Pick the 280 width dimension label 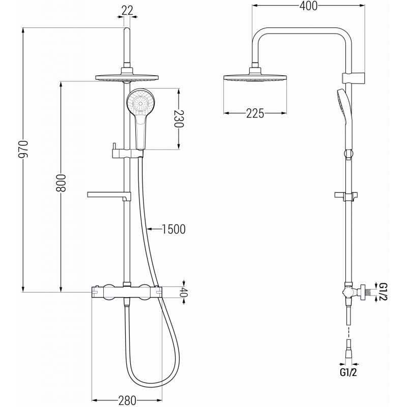(127, 400)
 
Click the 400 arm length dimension (309, 6)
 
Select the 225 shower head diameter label (255, 113)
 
